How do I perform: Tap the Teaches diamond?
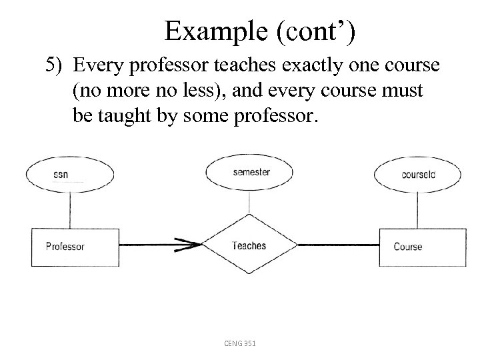click(249, 246)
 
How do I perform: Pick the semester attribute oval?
click(251, 172)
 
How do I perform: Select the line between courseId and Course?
click(417, 210)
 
